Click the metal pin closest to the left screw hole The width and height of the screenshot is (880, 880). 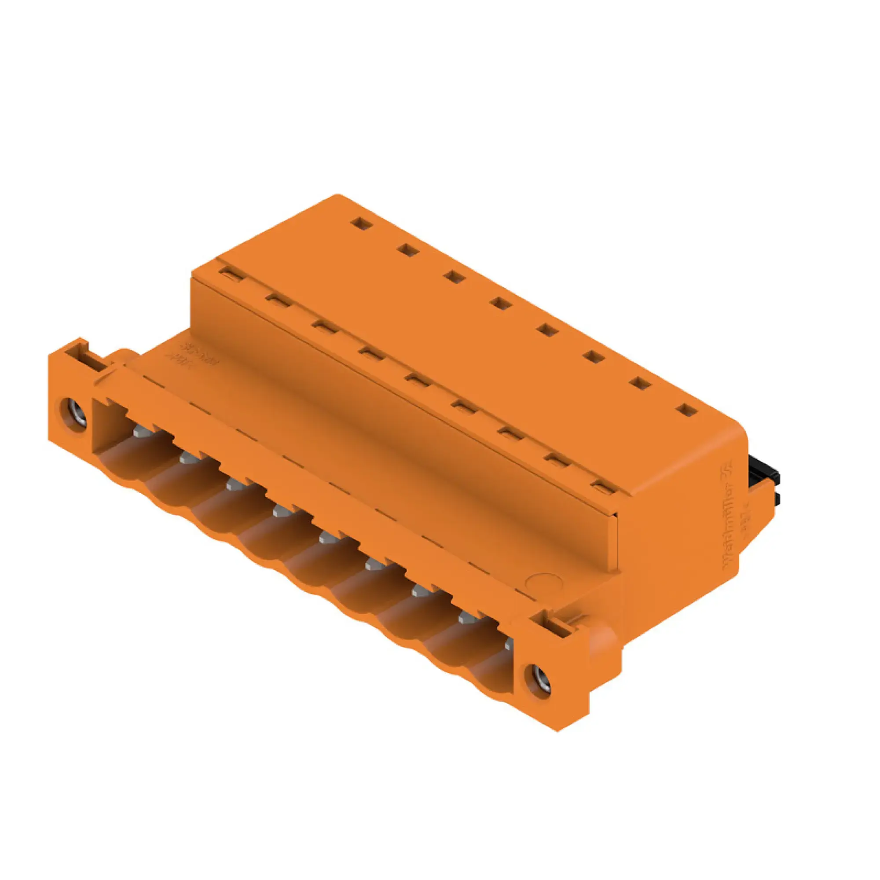(142, 429)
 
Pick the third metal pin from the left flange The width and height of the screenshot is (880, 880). (235, 484)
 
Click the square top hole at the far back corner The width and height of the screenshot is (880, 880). (361, 223)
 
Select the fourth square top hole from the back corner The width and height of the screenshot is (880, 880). (501, 303)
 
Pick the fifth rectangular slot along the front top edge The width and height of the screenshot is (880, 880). (417, 380)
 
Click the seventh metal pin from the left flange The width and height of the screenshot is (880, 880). (421, 591)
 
